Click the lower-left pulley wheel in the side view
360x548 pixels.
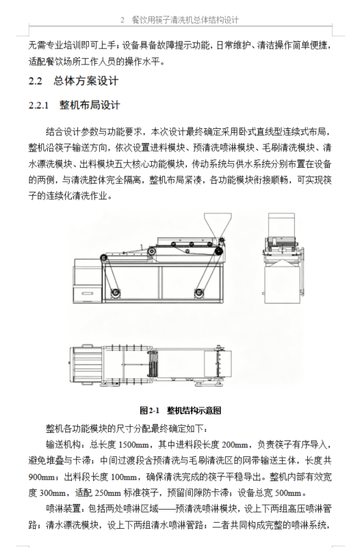pyautogui.click(x=115, y=292)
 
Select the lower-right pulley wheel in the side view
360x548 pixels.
pyautogui.click(x=199, y=292)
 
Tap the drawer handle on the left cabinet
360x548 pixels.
pyautogui.click(x=87, y=293)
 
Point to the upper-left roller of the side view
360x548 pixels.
pyautogui.click(x=104, y=258)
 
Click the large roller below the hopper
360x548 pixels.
pyautogui.click(x=218, y=251)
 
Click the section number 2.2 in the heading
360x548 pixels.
pyautogui.click(x=36, y=81)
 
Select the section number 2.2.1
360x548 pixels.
pyautogui.click(x=38, y=105)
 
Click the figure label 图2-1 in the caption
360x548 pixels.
pyautogui.click(x=149, y=410)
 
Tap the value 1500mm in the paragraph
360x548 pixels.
pyautogui.click(x=134, y=445)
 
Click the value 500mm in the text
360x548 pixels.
pyautogui.click(x=288, y=493)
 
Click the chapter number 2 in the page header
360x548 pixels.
pyautogui.click(x=123, y=20)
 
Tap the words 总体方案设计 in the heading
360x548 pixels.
pyautogui.click(x=86, y=81)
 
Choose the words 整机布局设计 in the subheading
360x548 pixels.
pyautogui.click(x=90, y=105)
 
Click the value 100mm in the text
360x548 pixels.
pyautogui.click(x=124, y=477)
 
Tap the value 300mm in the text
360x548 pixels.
pyautogui.click(x=52, y=493)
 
